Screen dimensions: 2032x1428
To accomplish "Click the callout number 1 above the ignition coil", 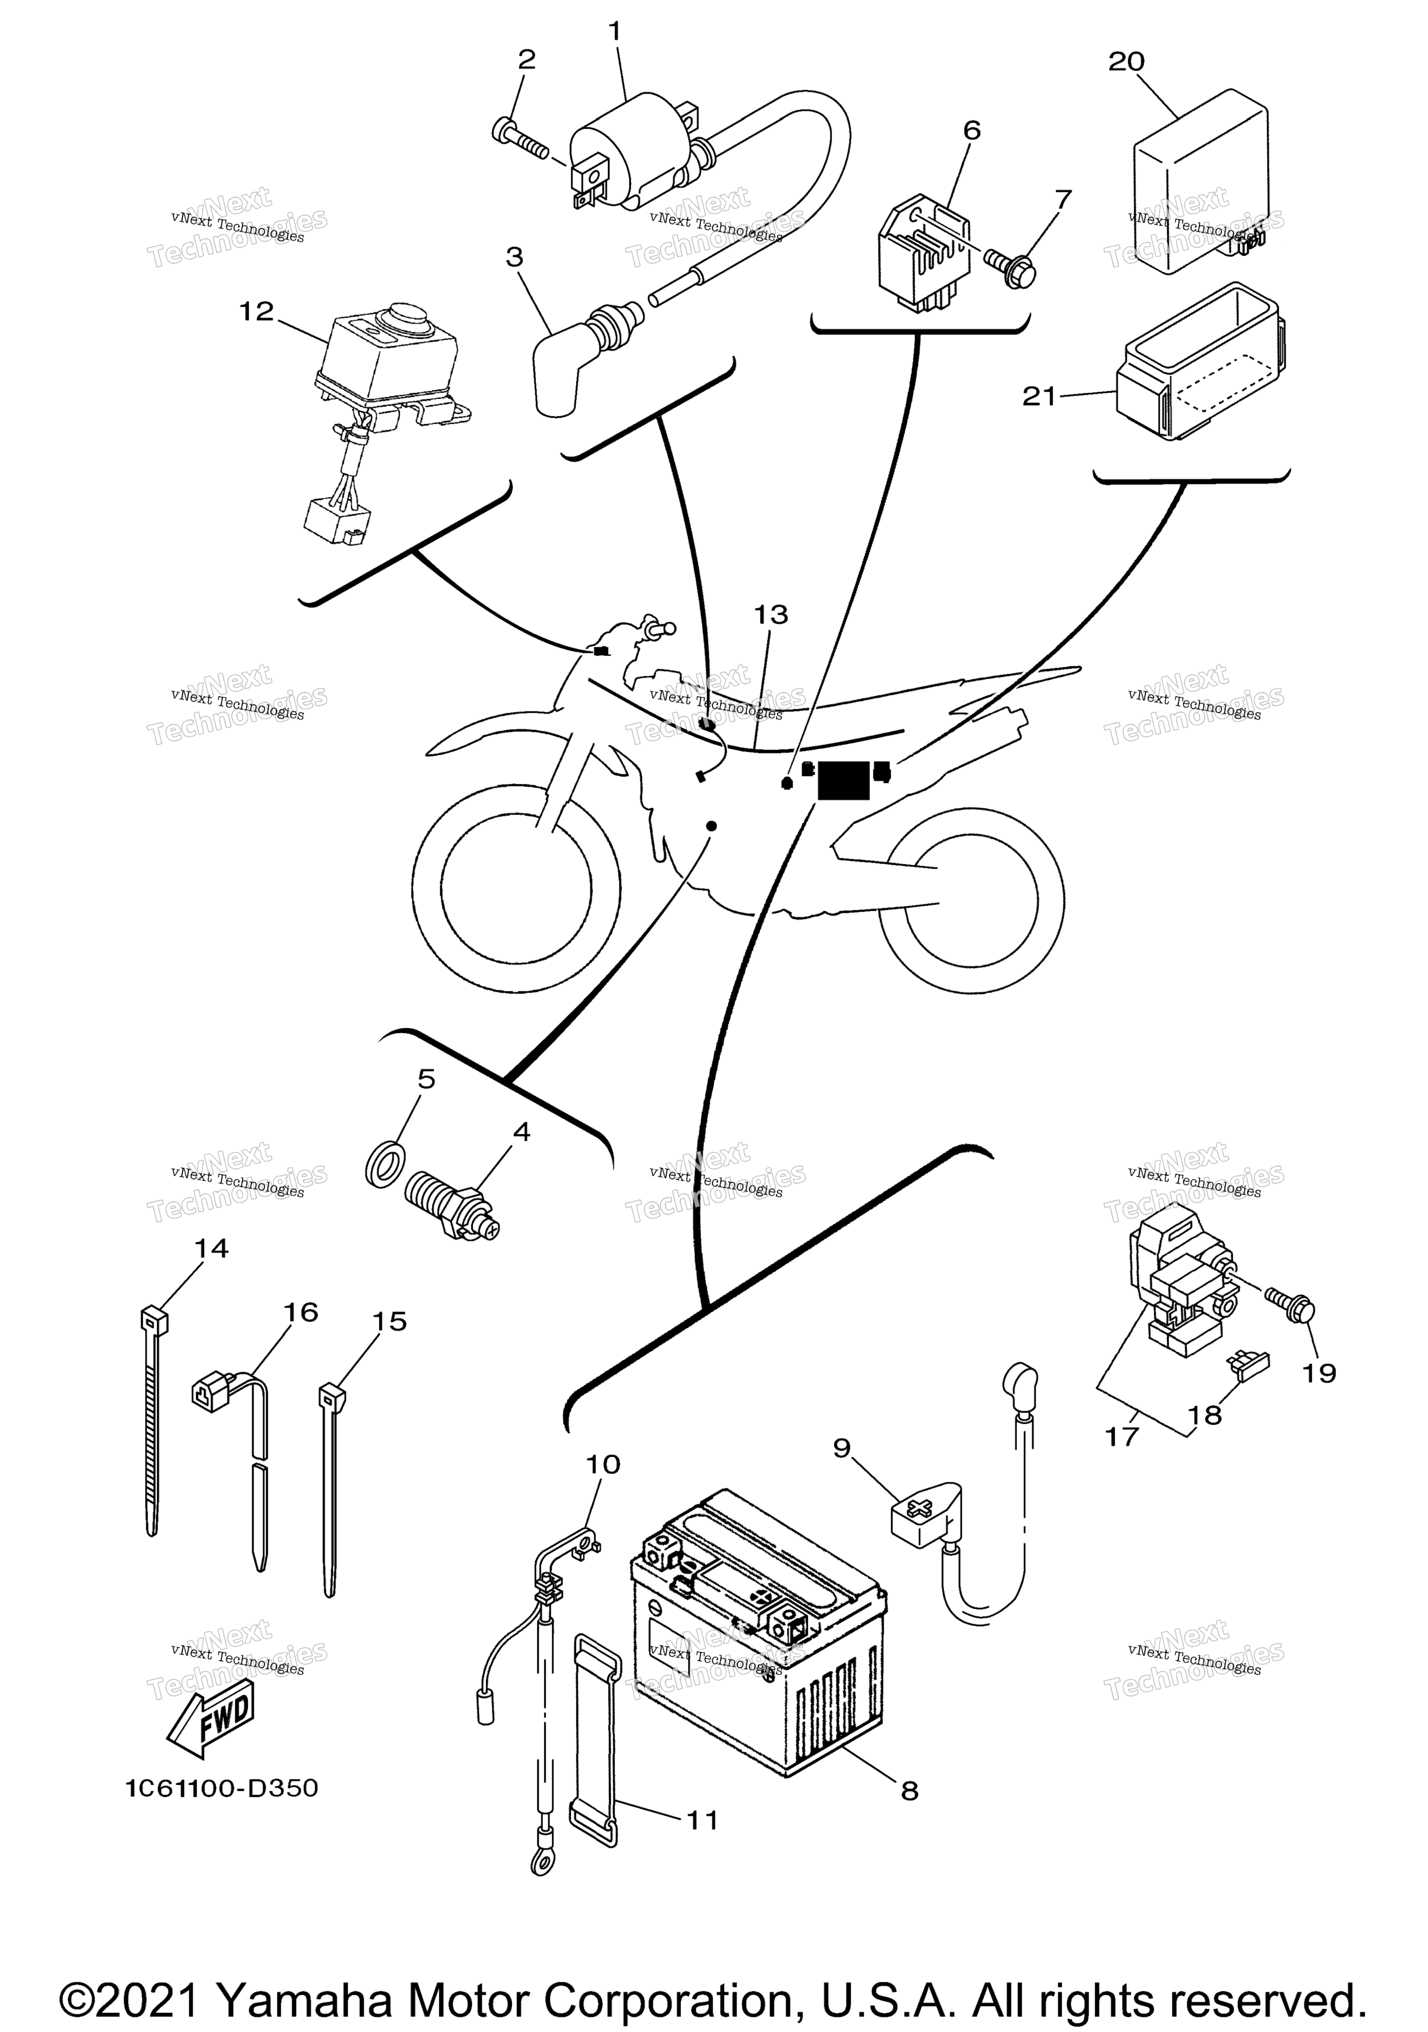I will tap(615, 33).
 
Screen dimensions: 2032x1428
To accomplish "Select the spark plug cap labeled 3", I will tap(567, 367).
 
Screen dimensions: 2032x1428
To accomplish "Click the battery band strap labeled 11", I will tap(595, 1739).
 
